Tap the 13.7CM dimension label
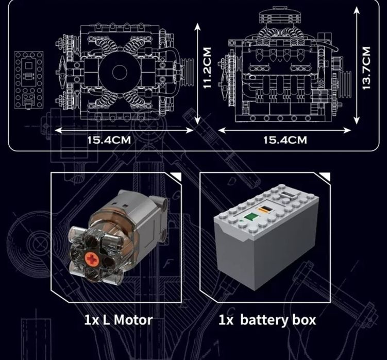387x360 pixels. (366, 68)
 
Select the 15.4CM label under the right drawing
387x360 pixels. (285, 140)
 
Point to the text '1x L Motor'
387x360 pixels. (118, 320)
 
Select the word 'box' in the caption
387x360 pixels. (304, 320)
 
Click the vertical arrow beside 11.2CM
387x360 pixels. (197, 72)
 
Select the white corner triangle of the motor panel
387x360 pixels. (177, 177)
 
